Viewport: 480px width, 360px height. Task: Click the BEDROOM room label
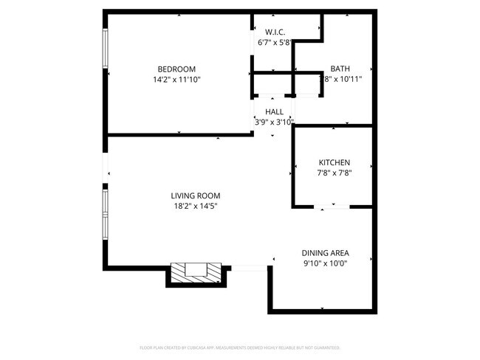tap(176, 69)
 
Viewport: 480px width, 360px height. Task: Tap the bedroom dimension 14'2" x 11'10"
tap(176, 79)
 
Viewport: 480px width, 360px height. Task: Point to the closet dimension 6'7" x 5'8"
tap(275, 42)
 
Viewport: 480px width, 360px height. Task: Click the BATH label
tap(340, 69)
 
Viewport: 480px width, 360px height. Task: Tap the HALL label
tap(274, 112)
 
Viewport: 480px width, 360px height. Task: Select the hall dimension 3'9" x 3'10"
tap(274, 122)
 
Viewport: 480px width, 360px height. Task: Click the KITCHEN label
tap(334, 163)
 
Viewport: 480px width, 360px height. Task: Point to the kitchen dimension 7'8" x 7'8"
tap(334, 173)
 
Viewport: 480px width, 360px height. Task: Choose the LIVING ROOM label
tap(196, 195)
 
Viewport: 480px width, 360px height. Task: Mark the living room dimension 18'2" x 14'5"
tap(196, 206)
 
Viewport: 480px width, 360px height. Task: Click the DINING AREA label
tap(326, 252)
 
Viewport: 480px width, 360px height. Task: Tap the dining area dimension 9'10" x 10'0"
tap(325, 263)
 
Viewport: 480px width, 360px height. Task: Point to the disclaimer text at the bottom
tap(239, 347)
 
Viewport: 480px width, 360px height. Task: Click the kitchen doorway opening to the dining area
tap(333, 207)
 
